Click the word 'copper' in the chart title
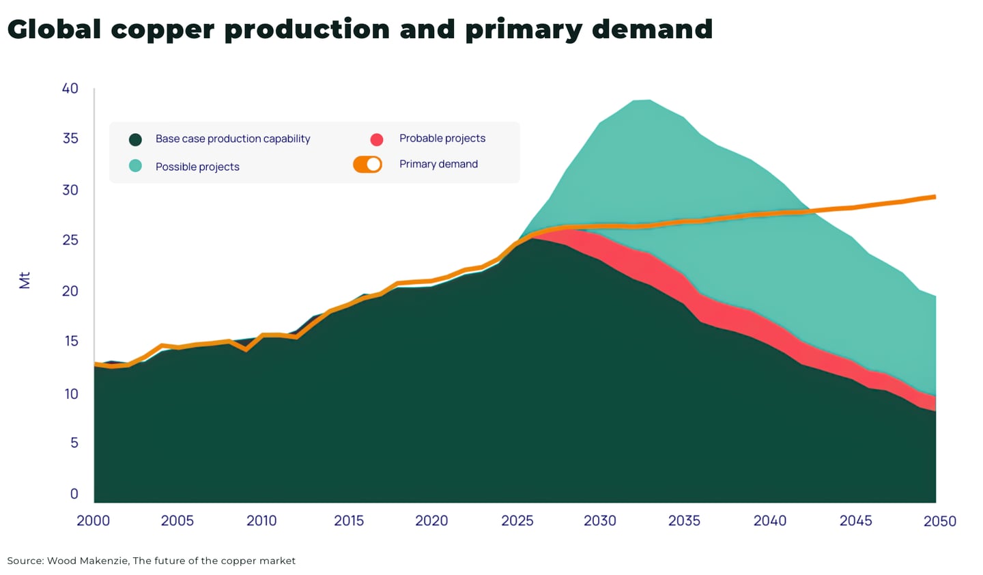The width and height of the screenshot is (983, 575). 162,30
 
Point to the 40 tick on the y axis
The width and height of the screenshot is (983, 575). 70,88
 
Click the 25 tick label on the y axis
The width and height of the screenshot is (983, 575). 70,240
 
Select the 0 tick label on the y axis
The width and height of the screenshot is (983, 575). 74,494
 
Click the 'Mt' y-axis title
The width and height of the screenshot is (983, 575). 25,280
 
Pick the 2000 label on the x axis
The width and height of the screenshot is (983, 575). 94,520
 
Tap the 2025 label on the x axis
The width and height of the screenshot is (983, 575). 517,520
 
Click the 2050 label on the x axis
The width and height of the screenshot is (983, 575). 939,521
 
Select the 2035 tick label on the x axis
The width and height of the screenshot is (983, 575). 684,520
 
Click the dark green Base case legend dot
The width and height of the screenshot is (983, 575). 135,139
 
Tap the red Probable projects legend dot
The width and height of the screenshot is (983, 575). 377,139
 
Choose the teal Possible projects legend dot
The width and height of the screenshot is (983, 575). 135,166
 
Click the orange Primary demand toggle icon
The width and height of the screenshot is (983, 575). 367,165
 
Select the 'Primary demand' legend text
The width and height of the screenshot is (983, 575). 438,164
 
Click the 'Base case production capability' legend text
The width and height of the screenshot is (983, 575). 233,139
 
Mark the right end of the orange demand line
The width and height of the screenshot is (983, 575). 934,197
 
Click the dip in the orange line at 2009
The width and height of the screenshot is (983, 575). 246,349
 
